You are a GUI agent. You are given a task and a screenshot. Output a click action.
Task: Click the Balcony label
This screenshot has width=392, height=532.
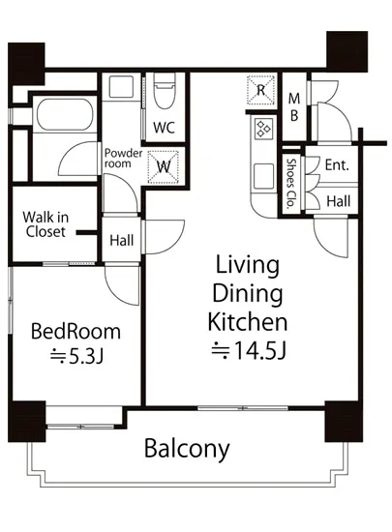click(x=187, y=449)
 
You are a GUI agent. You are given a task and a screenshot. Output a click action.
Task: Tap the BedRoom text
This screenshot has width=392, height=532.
click(x=75, y=332)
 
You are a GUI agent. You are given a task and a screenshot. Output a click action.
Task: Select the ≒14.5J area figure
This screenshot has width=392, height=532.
click(x=249, y=350)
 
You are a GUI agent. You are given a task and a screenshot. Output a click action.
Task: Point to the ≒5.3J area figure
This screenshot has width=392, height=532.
click(x=76, y=356)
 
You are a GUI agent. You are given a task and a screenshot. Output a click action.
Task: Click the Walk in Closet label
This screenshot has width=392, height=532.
click(x=45, y=224)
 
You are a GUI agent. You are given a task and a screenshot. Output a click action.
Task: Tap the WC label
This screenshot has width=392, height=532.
click(x=164, y=128)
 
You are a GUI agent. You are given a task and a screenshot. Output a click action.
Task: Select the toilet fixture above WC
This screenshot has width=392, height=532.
click(x=165, y=91)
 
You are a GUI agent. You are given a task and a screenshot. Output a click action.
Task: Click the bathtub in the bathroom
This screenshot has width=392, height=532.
click(x=65, y=115)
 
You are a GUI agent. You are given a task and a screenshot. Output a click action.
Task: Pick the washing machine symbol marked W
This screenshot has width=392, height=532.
click(x=164, y=167)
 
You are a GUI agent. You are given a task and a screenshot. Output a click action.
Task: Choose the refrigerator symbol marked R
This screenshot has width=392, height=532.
click(x=260, y=90)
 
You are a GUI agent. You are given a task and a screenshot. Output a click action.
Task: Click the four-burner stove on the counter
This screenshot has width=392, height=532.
click(x=263, y=129)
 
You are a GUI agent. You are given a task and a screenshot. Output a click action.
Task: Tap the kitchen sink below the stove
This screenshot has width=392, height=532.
click(x=263, y=175)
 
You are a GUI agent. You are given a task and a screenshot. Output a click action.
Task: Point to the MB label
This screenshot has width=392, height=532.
click(x=294, y=107)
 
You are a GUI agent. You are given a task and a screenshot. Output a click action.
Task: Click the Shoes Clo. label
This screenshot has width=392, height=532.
click(x=290, y=183)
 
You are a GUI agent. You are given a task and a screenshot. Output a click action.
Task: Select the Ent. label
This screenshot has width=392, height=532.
click(x=337, y=165)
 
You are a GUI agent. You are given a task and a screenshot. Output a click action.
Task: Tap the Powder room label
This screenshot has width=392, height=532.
click(x=123, y=158)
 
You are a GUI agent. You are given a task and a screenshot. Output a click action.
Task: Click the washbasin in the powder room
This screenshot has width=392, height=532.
click(x=121, y=87)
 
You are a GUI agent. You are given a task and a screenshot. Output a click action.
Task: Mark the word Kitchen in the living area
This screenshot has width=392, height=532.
click(x=248, y=322)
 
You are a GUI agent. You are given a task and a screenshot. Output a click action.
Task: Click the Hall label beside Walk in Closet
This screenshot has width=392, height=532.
click(x=122, y=241)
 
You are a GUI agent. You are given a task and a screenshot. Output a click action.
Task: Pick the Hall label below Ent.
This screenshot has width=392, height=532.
click(x=339, y=201)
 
